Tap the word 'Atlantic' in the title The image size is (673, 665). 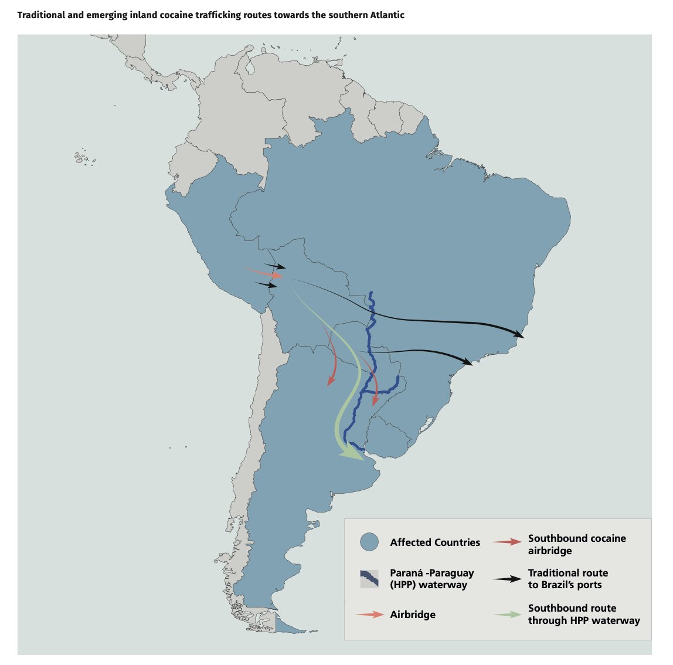(385, 15)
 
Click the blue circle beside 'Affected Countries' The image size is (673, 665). (369, 542)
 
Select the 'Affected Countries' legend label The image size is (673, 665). (435, 542)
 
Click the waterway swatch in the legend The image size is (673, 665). (369, 579)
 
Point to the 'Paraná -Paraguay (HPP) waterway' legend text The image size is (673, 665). (432, 579)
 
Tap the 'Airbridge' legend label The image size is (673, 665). (413, 615)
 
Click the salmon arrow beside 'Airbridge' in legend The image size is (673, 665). (370, 615)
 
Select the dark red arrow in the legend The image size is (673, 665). (507, 542)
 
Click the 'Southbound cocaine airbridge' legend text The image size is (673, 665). (577, 544)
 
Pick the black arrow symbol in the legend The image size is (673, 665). (507, 579)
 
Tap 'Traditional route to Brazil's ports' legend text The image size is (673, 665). (568, 579)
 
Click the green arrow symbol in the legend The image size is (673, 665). (507, 615)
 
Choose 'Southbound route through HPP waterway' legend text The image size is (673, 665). (584, 615)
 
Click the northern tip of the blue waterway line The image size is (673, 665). (371, 292)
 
